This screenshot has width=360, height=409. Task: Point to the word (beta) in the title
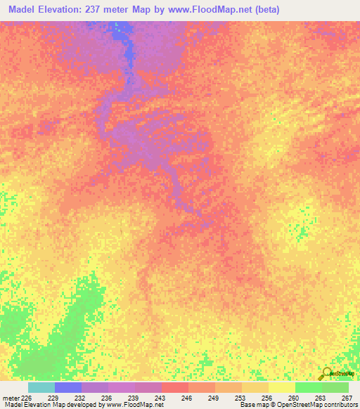click(x=301, y=9)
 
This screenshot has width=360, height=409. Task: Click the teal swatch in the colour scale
click(x=41, y=387)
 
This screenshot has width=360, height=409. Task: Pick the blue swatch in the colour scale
click(x=68, y=387)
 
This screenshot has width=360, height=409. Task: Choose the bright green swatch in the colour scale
click(x=309, y=387)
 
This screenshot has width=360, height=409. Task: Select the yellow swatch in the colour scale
click(x=282, y=387)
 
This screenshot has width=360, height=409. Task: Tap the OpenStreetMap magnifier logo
click(x=326, y=374)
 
